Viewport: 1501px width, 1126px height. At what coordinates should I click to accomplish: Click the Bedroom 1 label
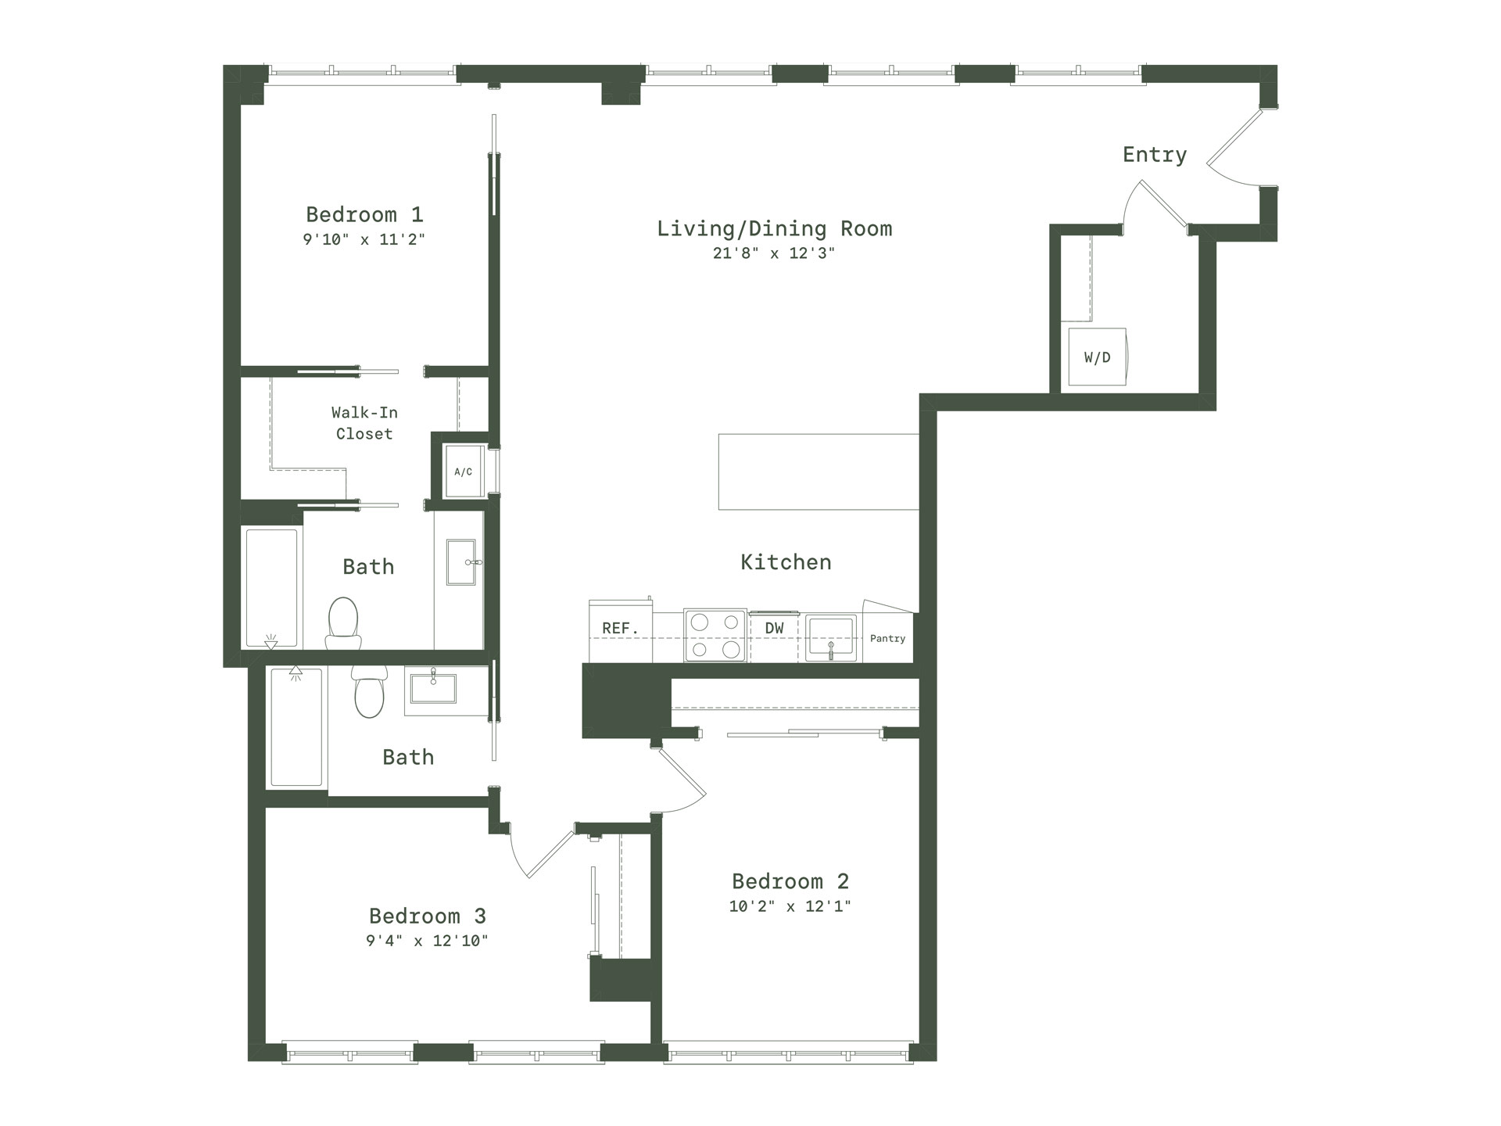tap(364, 214)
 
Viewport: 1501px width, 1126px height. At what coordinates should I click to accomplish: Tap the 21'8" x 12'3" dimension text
tap(774, 253)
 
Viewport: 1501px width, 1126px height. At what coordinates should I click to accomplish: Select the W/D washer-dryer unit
tap(1098, 357)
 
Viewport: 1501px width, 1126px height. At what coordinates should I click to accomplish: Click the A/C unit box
tap(464, 471)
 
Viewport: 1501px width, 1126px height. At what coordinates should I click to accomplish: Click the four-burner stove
tap(715, 636)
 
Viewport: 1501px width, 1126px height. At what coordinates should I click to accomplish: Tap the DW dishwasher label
tap(774, 628)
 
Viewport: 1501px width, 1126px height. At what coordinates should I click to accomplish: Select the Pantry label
tap(887, 639)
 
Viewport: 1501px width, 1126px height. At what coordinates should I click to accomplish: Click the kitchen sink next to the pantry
tap(830, 638)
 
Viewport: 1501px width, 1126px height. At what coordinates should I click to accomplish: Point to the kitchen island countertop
tap(819, 472)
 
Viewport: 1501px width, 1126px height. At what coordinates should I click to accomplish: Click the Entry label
tap(1155, 155)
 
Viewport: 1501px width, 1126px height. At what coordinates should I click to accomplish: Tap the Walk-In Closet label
tap(364, 423)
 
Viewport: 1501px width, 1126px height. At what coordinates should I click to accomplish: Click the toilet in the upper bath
tap(343, 623)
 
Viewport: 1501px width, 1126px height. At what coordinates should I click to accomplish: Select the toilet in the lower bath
tap(369, 691)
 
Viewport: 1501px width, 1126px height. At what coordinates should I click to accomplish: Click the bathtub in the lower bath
tap(296, 726)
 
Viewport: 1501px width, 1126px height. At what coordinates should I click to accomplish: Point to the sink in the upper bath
tap(461, 561)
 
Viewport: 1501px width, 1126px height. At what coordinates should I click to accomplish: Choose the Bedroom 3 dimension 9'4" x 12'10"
tap(427, 941)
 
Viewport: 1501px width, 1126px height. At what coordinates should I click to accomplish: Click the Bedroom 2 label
tap(790, 881)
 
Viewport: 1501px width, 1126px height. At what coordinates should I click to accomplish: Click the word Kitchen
tap(786, 562)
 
